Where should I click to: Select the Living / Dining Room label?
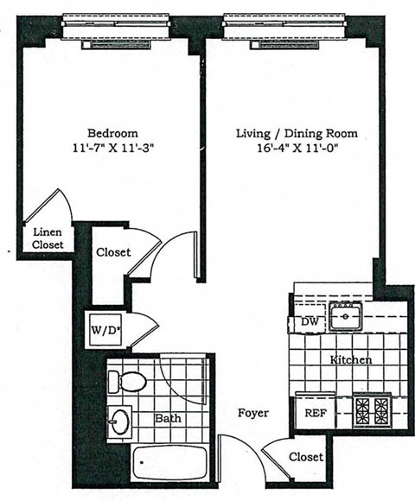(x=297, y=134)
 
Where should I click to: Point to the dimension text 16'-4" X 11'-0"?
(x=296, y=148)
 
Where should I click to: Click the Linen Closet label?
(x=47, y=238)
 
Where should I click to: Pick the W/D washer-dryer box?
(x=103, y=329)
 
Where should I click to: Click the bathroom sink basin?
(x=120, y=423)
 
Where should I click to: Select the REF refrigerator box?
(x=316, y=413)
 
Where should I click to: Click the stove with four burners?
(x=371, y=408)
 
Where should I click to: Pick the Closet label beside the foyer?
(x=306, y=457)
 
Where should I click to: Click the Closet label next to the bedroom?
(x=113, y=252)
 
